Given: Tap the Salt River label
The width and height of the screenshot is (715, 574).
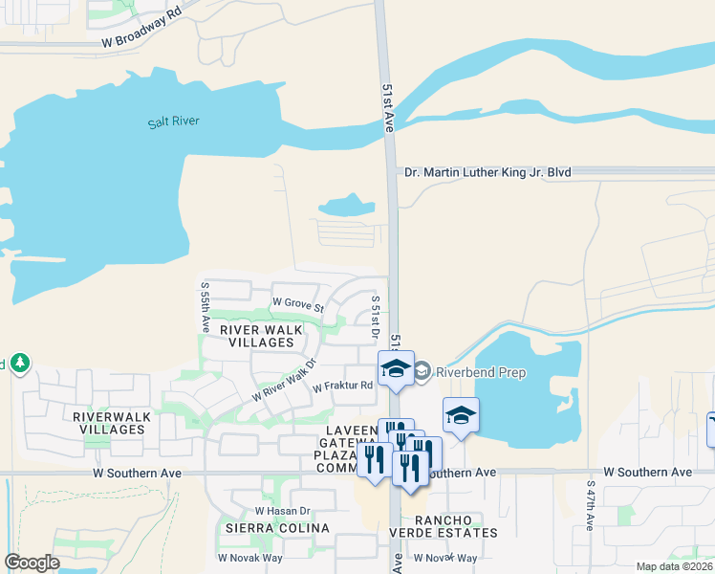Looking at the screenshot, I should coord(172,122).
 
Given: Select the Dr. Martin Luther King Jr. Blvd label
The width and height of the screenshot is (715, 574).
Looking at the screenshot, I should coord(487,172).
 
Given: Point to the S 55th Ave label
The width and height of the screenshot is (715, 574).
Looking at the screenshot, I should coord(204,306).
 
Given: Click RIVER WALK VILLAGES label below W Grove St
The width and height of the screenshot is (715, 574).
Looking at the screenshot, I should coord(261,336).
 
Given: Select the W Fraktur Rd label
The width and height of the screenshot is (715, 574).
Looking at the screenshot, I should coord(341,386).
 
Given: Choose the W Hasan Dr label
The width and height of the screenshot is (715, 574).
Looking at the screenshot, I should coord(284,512).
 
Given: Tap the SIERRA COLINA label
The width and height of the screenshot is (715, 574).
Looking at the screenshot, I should coord(264,528).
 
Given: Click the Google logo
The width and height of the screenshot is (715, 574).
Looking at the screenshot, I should coord(32,562).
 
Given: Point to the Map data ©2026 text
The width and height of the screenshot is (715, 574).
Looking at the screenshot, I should coord(674,566).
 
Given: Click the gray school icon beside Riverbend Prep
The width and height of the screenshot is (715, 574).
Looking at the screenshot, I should coord(422,371).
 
